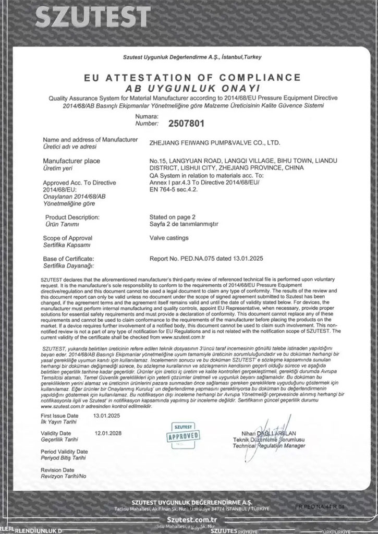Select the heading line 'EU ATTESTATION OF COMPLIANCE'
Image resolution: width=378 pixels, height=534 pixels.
(x=189, y=78)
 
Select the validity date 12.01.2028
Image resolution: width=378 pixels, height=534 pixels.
(x=108, y=433)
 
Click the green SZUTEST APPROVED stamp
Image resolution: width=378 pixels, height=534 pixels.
(x=183, y=435)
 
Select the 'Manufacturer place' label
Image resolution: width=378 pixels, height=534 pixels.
(x=71, y=161)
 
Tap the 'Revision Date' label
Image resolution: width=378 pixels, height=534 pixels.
(x=55, y=470)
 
